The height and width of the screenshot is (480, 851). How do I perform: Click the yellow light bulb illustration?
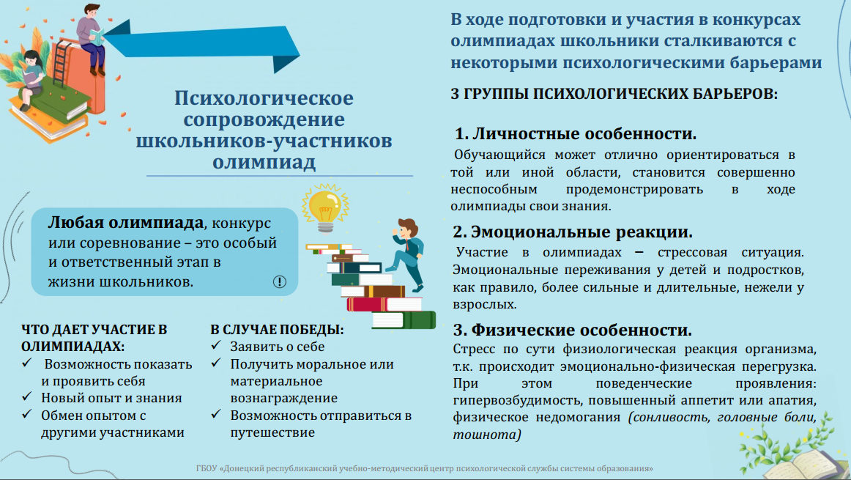click(325, 209)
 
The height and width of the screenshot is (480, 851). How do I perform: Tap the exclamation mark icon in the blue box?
click(280, 282)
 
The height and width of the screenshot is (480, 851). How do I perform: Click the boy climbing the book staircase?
click(407, 253)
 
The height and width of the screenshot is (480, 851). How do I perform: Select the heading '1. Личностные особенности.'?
click(576, 133)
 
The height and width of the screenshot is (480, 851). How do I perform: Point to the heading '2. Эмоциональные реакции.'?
click(573, 232)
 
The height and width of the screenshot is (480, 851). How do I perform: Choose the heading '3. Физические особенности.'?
click(573, 330)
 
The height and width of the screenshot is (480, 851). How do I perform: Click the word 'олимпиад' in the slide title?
click(264, 162)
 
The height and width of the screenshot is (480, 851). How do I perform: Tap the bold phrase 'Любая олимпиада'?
click(126, 223)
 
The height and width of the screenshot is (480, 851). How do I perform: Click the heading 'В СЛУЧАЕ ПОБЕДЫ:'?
click(277, 330)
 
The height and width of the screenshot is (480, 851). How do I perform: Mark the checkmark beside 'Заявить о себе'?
click(216, 345)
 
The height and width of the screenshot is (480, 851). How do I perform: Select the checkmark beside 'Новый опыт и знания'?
click(27, 397)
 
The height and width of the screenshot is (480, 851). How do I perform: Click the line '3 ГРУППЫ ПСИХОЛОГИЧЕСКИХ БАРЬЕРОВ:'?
click(614, 94)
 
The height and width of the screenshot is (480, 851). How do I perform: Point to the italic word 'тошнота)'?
click(487, 435)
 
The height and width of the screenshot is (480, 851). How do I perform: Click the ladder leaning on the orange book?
click(62, 62)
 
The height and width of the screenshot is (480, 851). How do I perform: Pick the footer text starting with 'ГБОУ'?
click(425, 468)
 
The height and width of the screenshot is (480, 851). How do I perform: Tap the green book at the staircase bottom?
click(404, 320)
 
